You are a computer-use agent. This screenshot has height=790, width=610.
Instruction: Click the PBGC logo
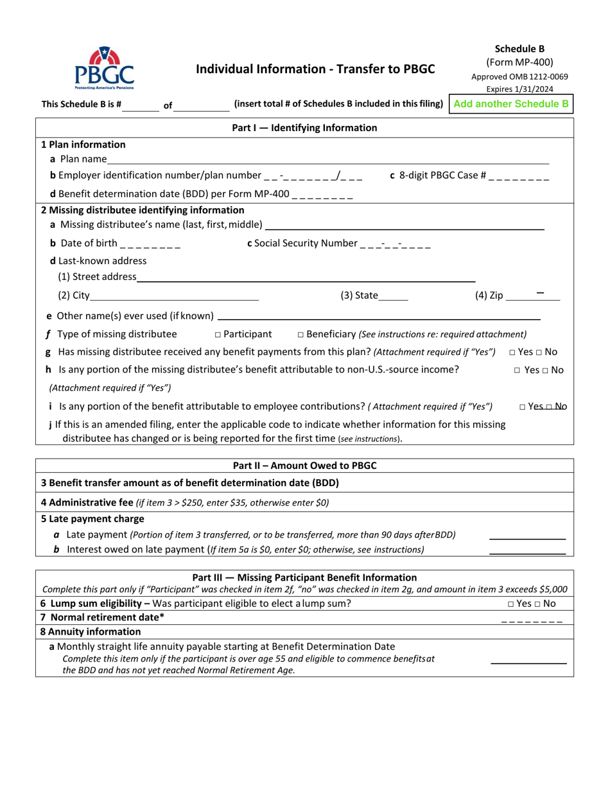click(104, 68)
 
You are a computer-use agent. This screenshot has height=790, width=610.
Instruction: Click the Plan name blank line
click(327, 159)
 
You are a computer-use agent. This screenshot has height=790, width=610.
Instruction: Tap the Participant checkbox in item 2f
click(218, 335)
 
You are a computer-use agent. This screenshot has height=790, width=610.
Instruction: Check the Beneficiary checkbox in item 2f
click(301, 335)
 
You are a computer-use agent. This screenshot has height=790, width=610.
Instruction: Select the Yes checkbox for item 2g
click(512, 352)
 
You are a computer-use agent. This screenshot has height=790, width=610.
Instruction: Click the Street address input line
click(306, 277)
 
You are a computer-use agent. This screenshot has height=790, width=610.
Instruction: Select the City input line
click(174, 296)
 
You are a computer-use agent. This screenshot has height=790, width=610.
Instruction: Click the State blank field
click(393, 296)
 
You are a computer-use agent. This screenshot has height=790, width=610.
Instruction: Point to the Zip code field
click(532, 296)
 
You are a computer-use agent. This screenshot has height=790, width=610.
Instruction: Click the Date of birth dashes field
click(150, 243)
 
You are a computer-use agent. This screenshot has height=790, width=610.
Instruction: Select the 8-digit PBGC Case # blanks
click(519, 176)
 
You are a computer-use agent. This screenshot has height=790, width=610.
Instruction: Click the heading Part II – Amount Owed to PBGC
click(304, 466)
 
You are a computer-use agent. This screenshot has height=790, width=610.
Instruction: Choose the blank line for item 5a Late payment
click(527, 535)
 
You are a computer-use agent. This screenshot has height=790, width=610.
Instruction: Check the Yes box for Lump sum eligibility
click(510, 604)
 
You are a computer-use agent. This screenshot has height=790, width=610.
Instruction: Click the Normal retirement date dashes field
click(531, 619)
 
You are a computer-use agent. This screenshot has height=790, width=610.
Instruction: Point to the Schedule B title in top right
click(519, 48)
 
